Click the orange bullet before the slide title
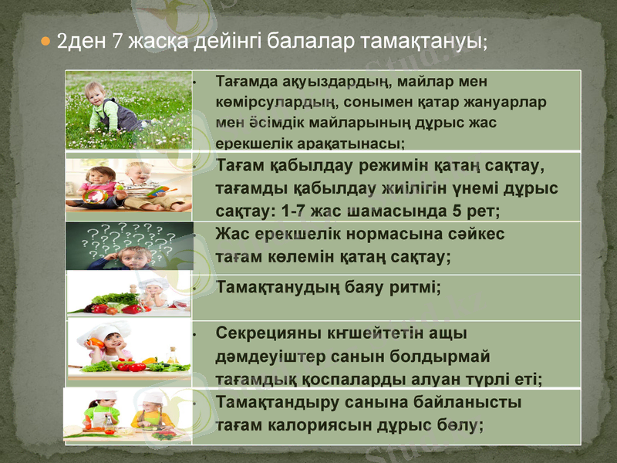(x=46, y=39)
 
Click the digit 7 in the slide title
(x=117, y=39)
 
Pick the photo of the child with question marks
(x=129, y=246)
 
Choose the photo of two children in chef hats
(x=129, y=416)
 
